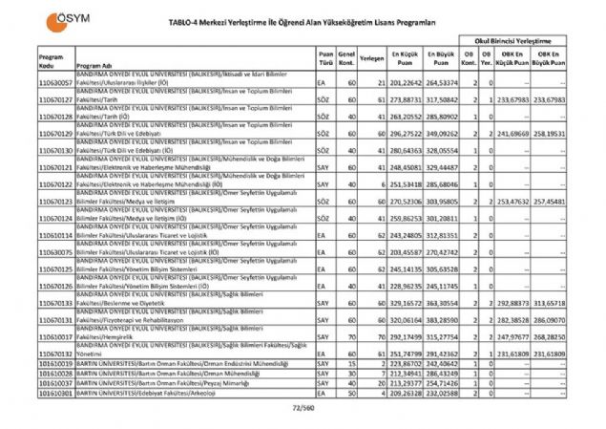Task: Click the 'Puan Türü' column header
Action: pyautogui.click(x=325, y=57)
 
